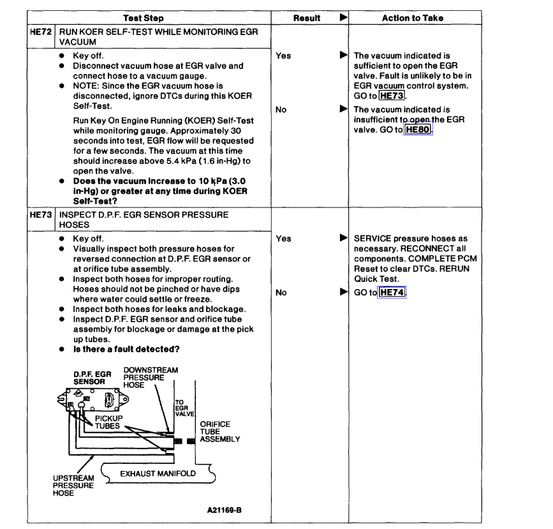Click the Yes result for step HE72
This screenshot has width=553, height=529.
[283, 56]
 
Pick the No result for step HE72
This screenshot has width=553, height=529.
[281, 109]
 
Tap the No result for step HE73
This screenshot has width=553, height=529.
[281, 293]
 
